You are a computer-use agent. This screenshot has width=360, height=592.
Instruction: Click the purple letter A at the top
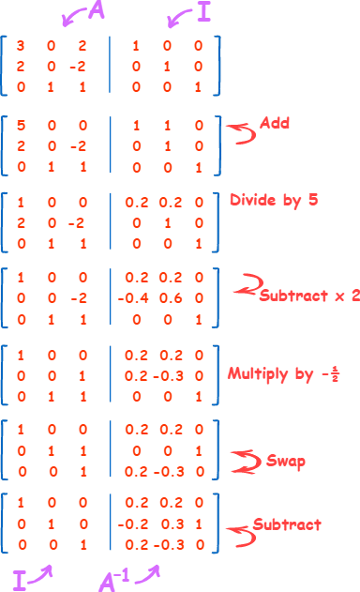click(96, 10)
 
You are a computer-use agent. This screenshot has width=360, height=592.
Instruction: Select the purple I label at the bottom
click(19, 576)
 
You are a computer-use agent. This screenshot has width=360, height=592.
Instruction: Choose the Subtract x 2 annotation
click(307, 294)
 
